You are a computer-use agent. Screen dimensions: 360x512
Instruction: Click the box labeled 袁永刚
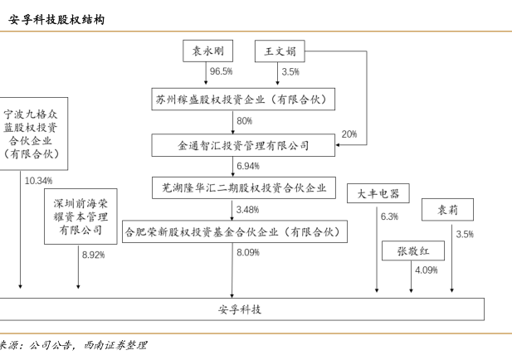[209, 51]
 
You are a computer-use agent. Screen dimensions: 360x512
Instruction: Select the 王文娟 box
[280, 51]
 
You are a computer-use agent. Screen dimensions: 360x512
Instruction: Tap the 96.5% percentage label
[221, 72]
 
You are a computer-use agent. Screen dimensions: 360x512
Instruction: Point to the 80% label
[244, 121]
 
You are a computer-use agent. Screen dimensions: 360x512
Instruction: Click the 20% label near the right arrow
[349, 134]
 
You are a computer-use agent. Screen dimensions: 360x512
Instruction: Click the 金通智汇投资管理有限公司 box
[243, 145]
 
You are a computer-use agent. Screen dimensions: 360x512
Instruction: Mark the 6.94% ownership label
[248, 166]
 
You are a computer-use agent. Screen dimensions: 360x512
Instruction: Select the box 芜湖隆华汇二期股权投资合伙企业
[243, 187]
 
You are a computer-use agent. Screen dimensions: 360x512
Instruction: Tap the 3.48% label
[248, 209]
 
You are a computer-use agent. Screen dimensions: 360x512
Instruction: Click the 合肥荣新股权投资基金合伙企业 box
[232, 231]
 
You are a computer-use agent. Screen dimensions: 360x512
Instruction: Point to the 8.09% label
[248, 252]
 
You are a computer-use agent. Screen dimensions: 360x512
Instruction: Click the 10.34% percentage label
[39, 180]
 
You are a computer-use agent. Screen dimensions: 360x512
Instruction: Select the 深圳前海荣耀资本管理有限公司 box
[80, 216]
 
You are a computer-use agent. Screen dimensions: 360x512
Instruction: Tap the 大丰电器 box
[378, 193]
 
